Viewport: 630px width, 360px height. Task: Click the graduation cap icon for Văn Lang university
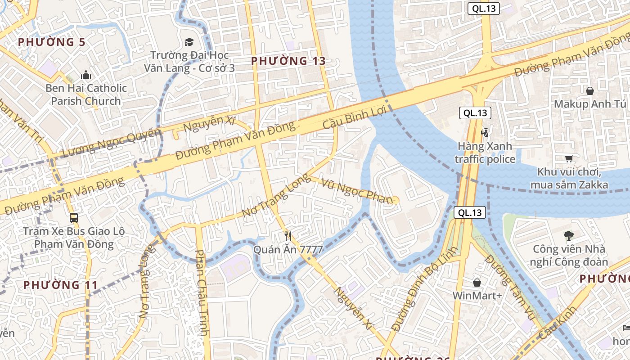tap(189, 42)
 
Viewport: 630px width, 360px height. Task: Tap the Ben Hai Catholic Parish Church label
tap(86, 94)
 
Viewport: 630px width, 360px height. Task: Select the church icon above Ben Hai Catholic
tap(85, 75)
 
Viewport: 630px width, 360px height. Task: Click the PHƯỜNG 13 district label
tap(288, 61)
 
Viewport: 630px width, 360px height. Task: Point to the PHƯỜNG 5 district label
tap(51, 42)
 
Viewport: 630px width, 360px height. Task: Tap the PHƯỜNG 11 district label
tap(60, 285)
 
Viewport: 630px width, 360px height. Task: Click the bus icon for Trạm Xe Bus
tap(73, 218)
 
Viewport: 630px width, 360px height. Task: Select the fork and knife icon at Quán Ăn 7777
tap(288, 236)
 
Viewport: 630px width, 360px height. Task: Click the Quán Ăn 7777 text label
tap(288, 249)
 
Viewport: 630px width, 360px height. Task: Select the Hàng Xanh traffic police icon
tap(485, 132)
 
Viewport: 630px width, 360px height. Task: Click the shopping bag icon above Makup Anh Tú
tap(589, 91)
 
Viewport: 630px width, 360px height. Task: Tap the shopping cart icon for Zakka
tap(569, 158)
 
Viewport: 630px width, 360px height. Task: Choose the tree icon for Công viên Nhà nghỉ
tap(569, 235)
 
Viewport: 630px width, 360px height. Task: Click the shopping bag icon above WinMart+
tap(477, 283)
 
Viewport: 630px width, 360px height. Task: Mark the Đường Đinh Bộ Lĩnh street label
tap(425, 288)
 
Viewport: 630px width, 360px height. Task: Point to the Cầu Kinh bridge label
tap(557, 323)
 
